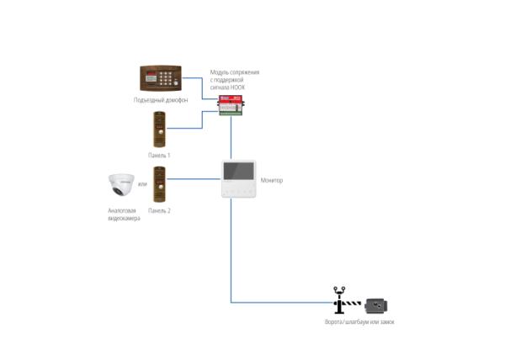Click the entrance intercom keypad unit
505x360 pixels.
tap(161, 78)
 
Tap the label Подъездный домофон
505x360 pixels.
tap(161, 100)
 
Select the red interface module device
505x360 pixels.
tap(231, 105)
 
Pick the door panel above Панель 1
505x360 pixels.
tap(159, 130)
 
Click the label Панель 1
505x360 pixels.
tap(159, 156)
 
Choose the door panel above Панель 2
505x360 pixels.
tap(159, 184)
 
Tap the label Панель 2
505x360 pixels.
tap(159, 211)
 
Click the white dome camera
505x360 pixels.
tap(121, 185)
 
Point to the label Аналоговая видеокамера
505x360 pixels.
tap(124, 214)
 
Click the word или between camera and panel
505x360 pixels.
tap(142, 184)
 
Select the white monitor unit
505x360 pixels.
tap(239, 179)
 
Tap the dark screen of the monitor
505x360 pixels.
tap(239, 171)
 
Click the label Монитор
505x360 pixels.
tap(272, 181)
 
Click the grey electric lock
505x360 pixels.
tap(376, 306)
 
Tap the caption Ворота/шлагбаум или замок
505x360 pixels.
tap(359, 321)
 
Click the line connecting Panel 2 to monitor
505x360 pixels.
tap(194, 179)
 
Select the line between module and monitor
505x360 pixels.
tap(231, 138)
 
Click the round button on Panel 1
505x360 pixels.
tap(160, 132)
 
